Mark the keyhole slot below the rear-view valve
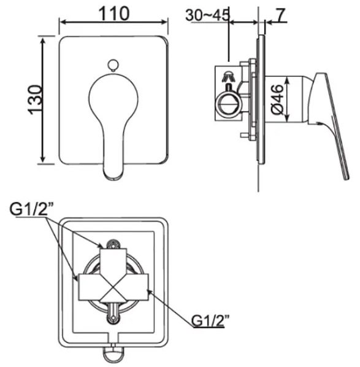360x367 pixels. (113, 316)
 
